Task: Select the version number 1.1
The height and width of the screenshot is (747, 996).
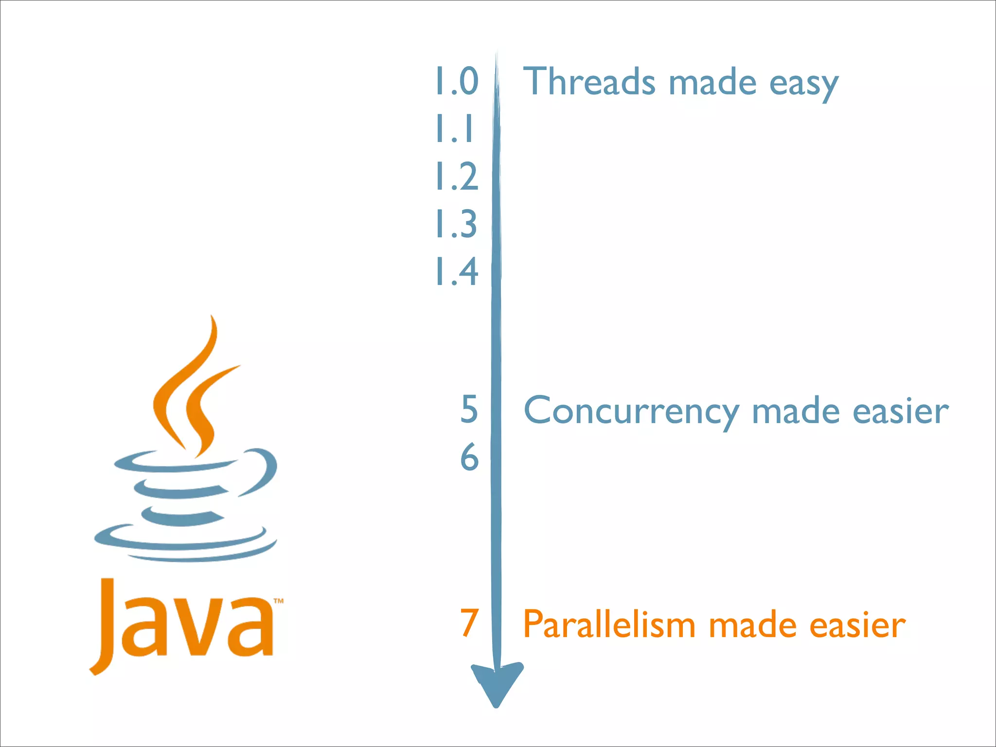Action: (454, 128)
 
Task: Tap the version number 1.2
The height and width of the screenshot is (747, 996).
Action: (456, 176)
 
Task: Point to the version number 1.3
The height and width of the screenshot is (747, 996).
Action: (456, 224)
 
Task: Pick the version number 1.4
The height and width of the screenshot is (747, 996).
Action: (456, 271)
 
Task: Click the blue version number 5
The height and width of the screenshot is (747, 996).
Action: (469, 409)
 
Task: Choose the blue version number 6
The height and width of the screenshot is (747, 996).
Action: (469, 457)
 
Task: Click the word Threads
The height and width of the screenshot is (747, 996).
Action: (589, 81)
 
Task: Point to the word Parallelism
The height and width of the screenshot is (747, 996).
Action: (609, 624)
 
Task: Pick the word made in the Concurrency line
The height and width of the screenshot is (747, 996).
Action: (796, 411)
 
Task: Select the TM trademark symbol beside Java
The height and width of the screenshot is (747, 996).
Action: (278, 602)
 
